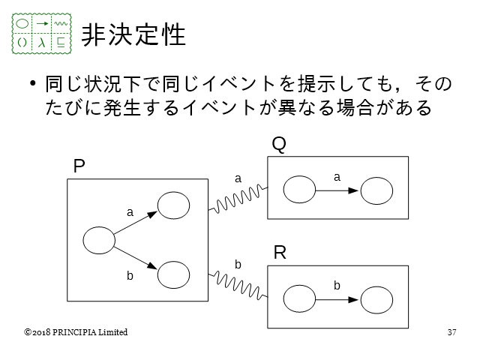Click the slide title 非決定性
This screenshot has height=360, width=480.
[133, 33]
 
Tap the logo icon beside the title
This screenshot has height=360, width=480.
[43, 33]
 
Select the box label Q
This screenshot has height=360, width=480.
[278, 144]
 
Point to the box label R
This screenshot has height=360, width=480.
[280, 253]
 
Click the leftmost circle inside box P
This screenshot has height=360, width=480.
[98, 241]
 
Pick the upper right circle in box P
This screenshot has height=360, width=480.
[173, 205]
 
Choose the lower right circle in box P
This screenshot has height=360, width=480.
[173, 275]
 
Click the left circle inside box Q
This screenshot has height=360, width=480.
[300, 190]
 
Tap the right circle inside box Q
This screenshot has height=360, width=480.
[376, 191]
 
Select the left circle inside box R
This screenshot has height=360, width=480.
[300, 300]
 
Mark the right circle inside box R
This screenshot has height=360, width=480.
[376, 300]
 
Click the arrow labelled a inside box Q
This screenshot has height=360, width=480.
[337, 191]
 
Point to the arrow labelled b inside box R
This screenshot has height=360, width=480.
[337, 300]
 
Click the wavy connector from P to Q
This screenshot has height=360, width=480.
[237, 197]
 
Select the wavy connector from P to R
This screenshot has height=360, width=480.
[237, 284]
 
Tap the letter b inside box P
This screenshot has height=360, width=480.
[130, 276]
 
